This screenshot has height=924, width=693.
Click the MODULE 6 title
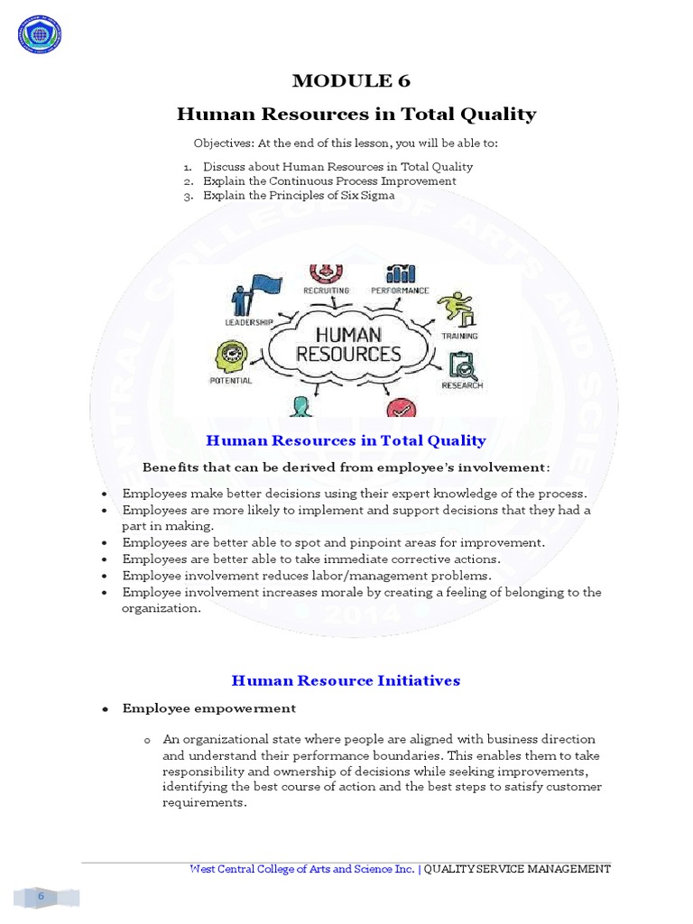351,81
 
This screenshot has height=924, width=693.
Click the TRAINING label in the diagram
459,336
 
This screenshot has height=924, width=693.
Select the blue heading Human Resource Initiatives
346,680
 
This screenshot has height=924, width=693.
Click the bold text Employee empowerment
208,708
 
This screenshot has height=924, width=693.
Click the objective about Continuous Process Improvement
328,180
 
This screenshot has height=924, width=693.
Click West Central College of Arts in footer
289,869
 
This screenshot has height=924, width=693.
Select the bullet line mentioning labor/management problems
307,576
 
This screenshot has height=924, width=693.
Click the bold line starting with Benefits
346,467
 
